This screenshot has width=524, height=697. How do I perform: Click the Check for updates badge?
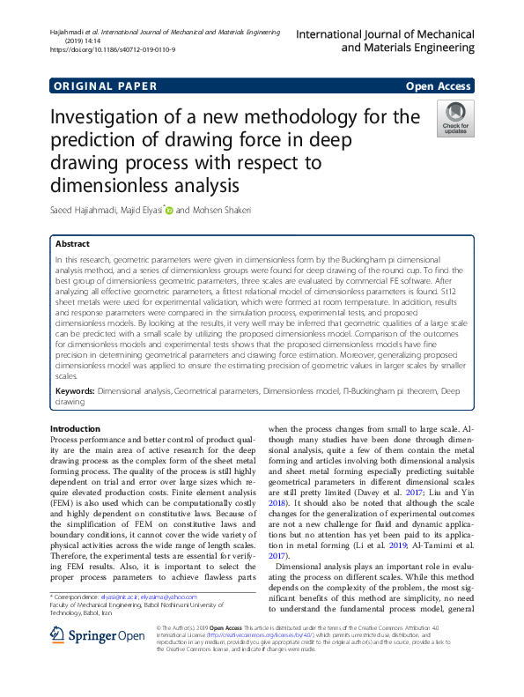pos(455,118)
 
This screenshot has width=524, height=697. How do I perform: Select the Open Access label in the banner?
pos(439,86)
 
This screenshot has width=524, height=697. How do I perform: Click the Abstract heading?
pos(72,243)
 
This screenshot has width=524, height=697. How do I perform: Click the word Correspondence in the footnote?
pos(74,597)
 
